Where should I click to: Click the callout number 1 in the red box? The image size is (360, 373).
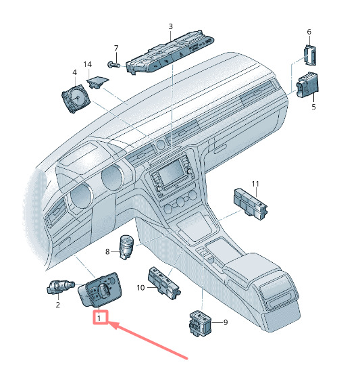[x=99, y=318]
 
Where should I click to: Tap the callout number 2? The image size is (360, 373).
[x=58, y=305]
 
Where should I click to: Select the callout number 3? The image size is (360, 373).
[x=170, y=26]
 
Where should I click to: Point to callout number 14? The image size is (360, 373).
[x=88, y=64]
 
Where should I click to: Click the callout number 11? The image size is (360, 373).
[x=255, y=184]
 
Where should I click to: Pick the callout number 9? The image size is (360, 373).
[x=226, y=322]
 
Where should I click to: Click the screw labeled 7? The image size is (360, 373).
[x=114, y=65]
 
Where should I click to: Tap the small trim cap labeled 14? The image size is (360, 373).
[x=98, y=82]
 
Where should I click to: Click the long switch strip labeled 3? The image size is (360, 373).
[x=170, y=52]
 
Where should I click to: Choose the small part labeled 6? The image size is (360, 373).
[x=310, y=55]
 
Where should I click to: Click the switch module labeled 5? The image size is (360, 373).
[x=307, y=85]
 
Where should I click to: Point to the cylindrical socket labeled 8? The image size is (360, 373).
[x=126, y=247]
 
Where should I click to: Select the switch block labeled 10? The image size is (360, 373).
[x=165, y=282]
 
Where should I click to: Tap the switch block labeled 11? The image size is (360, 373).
[x=251, y=204]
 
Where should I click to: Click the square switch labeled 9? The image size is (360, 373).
[x=201, y=324]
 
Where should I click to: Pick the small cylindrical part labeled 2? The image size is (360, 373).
[x=61, y=287]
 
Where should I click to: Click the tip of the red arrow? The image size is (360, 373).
[x=109, y=323]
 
